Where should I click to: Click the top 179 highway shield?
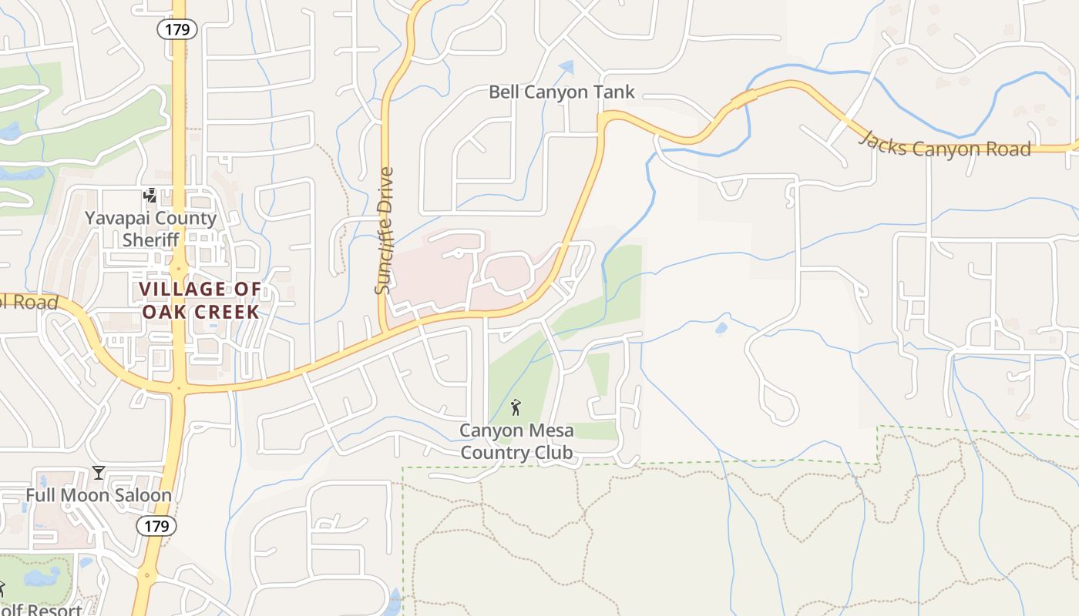pyautogui.click(x=177, y=29)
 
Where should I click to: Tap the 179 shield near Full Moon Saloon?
pyautogui.click(x=156, y=526)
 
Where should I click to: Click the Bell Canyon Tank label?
pyautogui.click(x=562, y=92)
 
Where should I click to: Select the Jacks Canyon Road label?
pyautogui.click(x=945, y=145)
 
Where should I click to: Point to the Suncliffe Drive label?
pyautogui.click(x=384, y=231)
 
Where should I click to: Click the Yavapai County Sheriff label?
pyautogui.click(x=150, y=228)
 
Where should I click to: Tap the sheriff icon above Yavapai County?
pyautogui.click(x=150, y=196)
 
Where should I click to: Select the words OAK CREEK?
pyautogui.click(x=200, y=312)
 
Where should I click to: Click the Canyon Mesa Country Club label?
pyautogui.click(x=516, y=441)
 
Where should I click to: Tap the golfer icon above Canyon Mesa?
pyautogui.click(x=516, y=407)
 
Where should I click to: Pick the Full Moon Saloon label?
pyautogui.click(x=99, y=495)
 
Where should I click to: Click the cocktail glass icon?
pyautogui.click(x=99, y=472)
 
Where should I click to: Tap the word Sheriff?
pyautogui.click(x=150, y=239)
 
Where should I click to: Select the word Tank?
pyautogui.click(x=613, y=92)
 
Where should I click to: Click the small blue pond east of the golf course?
pyautogui.click(x=721, y=328)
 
